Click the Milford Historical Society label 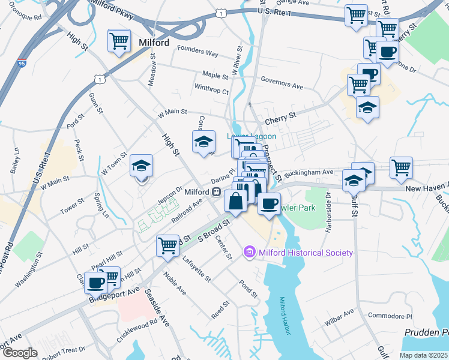click(x=306, y=253)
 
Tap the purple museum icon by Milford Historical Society click(x=250, y=253)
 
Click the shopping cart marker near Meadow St click(x=119, y=41)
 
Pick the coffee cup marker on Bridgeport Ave click(x=96, y=282)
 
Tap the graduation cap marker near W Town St click(x=142, y=166)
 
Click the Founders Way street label click(x=196, y=53)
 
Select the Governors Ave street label click(x=282, y=86)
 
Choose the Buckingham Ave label click(x=309, y=172)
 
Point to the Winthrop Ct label click(x=211, y=92)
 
